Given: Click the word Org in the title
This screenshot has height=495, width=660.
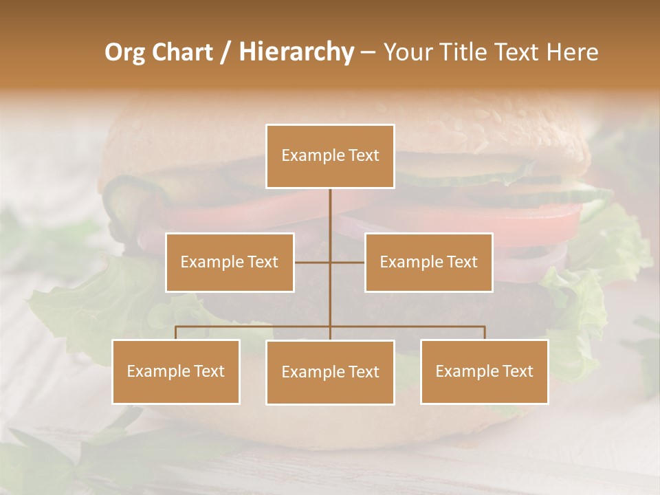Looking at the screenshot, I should (x=124, y=52).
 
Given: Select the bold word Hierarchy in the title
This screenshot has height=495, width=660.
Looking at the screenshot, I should (x=296, y=52).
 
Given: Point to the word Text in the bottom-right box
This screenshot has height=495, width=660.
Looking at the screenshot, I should (x=518, y=371).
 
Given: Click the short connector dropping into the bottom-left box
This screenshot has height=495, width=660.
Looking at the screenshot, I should (x=176, y=333).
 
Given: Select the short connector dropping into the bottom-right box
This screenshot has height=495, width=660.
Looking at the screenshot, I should (x=485, y=333).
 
